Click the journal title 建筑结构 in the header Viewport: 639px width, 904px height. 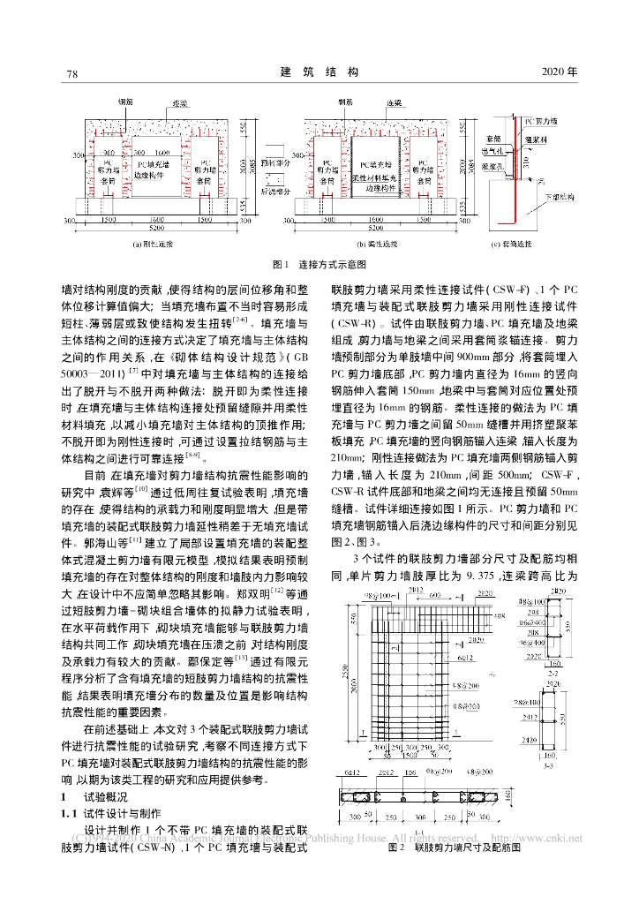click(x=319, y=72)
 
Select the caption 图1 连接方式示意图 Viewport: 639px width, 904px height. click(x=319, y=264)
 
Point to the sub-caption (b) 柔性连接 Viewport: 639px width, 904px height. click(x=376, y=242)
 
